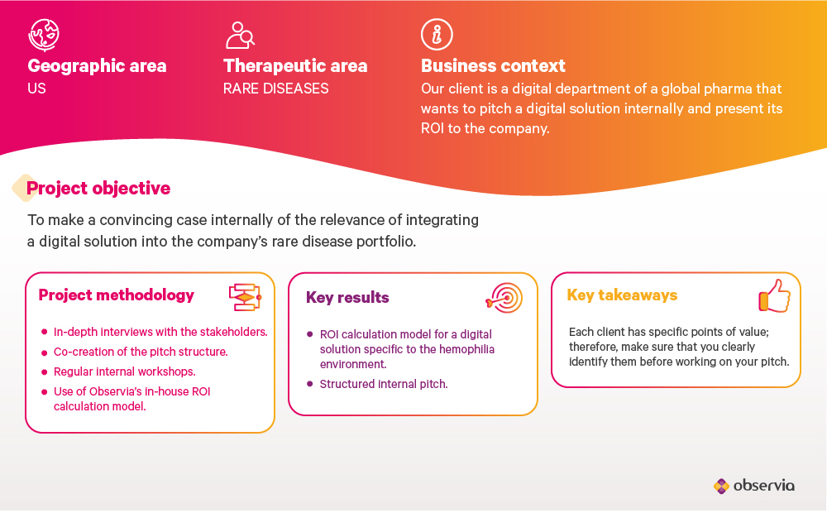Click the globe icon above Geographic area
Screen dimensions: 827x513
tap(44, 35)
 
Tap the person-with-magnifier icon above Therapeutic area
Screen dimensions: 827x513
tap(240, 36)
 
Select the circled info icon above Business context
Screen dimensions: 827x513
tap(437, 34)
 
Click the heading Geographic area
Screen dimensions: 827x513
tap(97, 66)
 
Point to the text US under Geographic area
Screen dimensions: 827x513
tap(36, 89)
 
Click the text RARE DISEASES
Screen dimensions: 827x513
tap(276, 89)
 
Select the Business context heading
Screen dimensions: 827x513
tap(493, 66)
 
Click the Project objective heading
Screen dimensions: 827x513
tap(98, 189)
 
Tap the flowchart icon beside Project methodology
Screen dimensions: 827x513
tap(246, 297)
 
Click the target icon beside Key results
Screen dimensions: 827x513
tap(504, 298)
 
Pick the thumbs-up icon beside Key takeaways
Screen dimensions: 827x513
tap(775, 295)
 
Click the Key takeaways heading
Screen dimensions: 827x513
tap(622, 295)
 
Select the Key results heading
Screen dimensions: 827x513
tap(347, 298)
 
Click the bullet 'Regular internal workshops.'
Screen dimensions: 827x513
tap(125, 372)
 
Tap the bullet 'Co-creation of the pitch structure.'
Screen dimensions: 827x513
tap(141, 352)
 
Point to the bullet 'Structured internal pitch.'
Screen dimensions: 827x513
tap(384, 384)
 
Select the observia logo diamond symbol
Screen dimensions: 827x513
tap(721, 486)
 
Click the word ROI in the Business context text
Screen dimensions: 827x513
tap(433, 128)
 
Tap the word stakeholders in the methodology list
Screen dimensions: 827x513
tap(234, 332)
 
